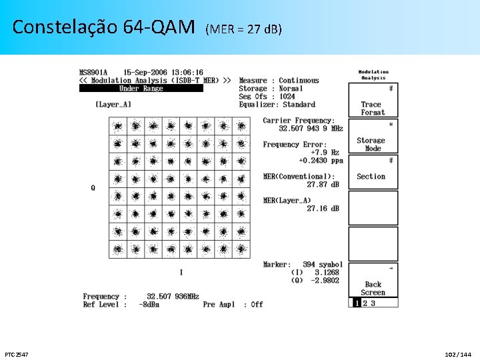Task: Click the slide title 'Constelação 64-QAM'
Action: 103,27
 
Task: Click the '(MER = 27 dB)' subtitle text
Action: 244,29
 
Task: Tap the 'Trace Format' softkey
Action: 373,108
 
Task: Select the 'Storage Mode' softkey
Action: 373,144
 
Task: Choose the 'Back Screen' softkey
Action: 373,288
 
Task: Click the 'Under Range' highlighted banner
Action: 141,89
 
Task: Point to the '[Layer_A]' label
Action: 113,104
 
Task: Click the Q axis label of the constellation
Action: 93,188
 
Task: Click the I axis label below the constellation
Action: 181,272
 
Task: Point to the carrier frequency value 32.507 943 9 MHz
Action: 311,129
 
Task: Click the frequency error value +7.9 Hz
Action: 325,153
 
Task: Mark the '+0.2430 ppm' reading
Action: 321,161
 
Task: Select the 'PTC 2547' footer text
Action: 17,353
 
